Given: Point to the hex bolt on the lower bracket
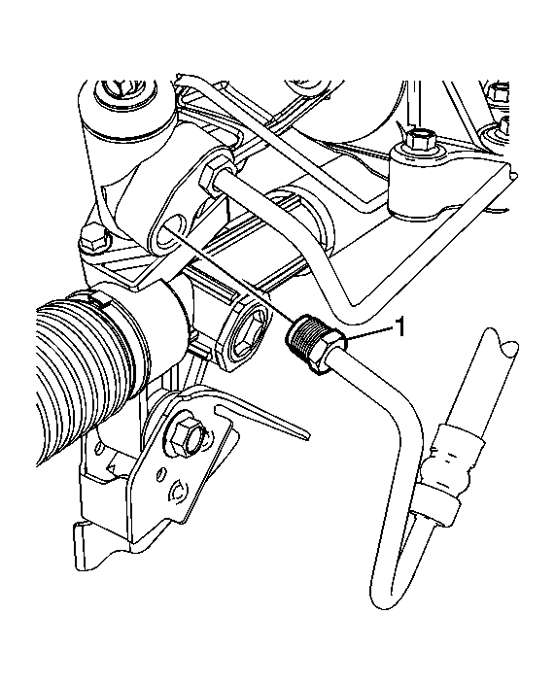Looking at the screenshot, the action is pyautogui.click(x=185, y=435).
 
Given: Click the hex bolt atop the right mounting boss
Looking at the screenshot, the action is pyautogui.click(x=420, y=139).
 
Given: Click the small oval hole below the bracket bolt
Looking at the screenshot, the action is pyautogui.click(x=162, y=474).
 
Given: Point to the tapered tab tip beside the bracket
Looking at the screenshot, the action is pyautogui.click(x=306, y=433).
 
